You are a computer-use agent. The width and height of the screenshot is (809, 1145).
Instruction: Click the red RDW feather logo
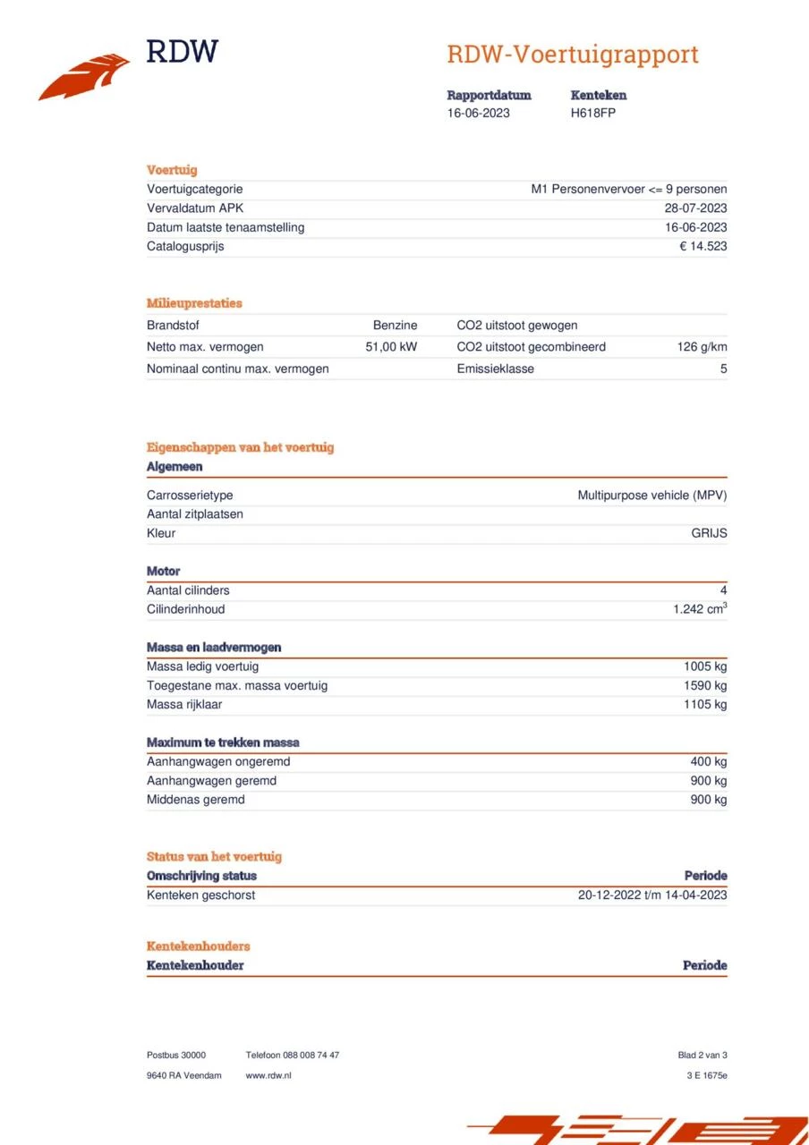tap(85, 77)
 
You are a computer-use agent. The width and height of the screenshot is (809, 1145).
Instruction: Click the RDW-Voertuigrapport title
tap(572, 55)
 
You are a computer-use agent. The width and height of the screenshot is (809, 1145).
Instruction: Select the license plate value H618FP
tap(592, 113)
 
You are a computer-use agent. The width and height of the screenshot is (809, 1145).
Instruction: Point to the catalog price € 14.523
tap(703, 246)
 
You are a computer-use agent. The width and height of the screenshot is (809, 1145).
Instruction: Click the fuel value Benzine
tap(395, 326)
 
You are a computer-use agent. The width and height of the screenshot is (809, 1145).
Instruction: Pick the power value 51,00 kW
tap(391, 347)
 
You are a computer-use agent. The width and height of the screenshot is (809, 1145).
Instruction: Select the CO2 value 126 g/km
tap(702, 347)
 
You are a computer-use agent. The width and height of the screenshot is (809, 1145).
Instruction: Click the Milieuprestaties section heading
tap(194, 303)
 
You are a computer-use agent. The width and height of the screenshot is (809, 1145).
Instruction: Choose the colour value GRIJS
tap(709, 533)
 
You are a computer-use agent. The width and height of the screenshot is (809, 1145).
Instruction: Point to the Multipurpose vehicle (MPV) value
tap(651, 496)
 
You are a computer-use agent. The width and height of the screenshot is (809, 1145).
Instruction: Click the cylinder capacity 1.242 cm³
tap(700, 609)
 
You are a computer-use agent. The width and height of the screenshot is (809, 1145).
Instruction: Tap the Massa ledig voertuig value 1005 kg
tap(705, 666)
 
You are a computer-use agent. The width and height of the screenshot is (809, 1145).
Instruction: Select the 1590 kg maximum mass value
tap(705, 685)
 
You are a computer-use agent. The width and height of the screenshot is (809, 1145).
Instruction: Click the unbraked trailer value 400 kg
tap(708, 762)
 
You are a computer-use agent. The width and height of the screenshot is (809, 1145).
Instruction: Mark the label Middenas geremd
tap(195, 800)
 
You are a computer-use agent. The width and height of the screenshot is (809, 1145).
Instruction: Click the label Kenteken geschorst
tap(200, 895)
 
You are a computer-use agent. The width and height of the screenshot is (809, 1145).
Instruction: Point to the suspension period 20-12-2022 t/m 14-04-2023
tap(652, 895)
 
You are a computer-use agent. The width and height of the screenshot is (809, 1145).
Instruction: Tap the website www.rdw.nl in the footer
tap(268, 1075)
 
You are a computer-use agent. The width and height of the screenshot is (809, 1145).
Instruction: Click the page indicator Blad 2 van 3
tap(702, 1056)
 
